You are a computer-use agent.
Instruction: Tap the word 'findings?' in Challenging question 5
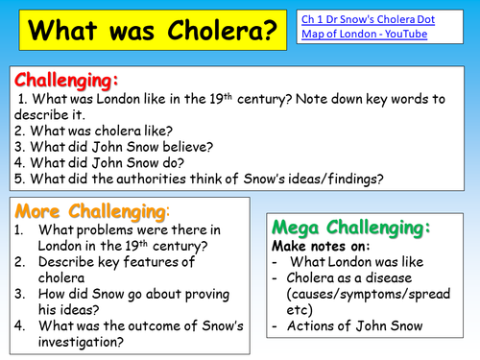click(412, 180)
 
